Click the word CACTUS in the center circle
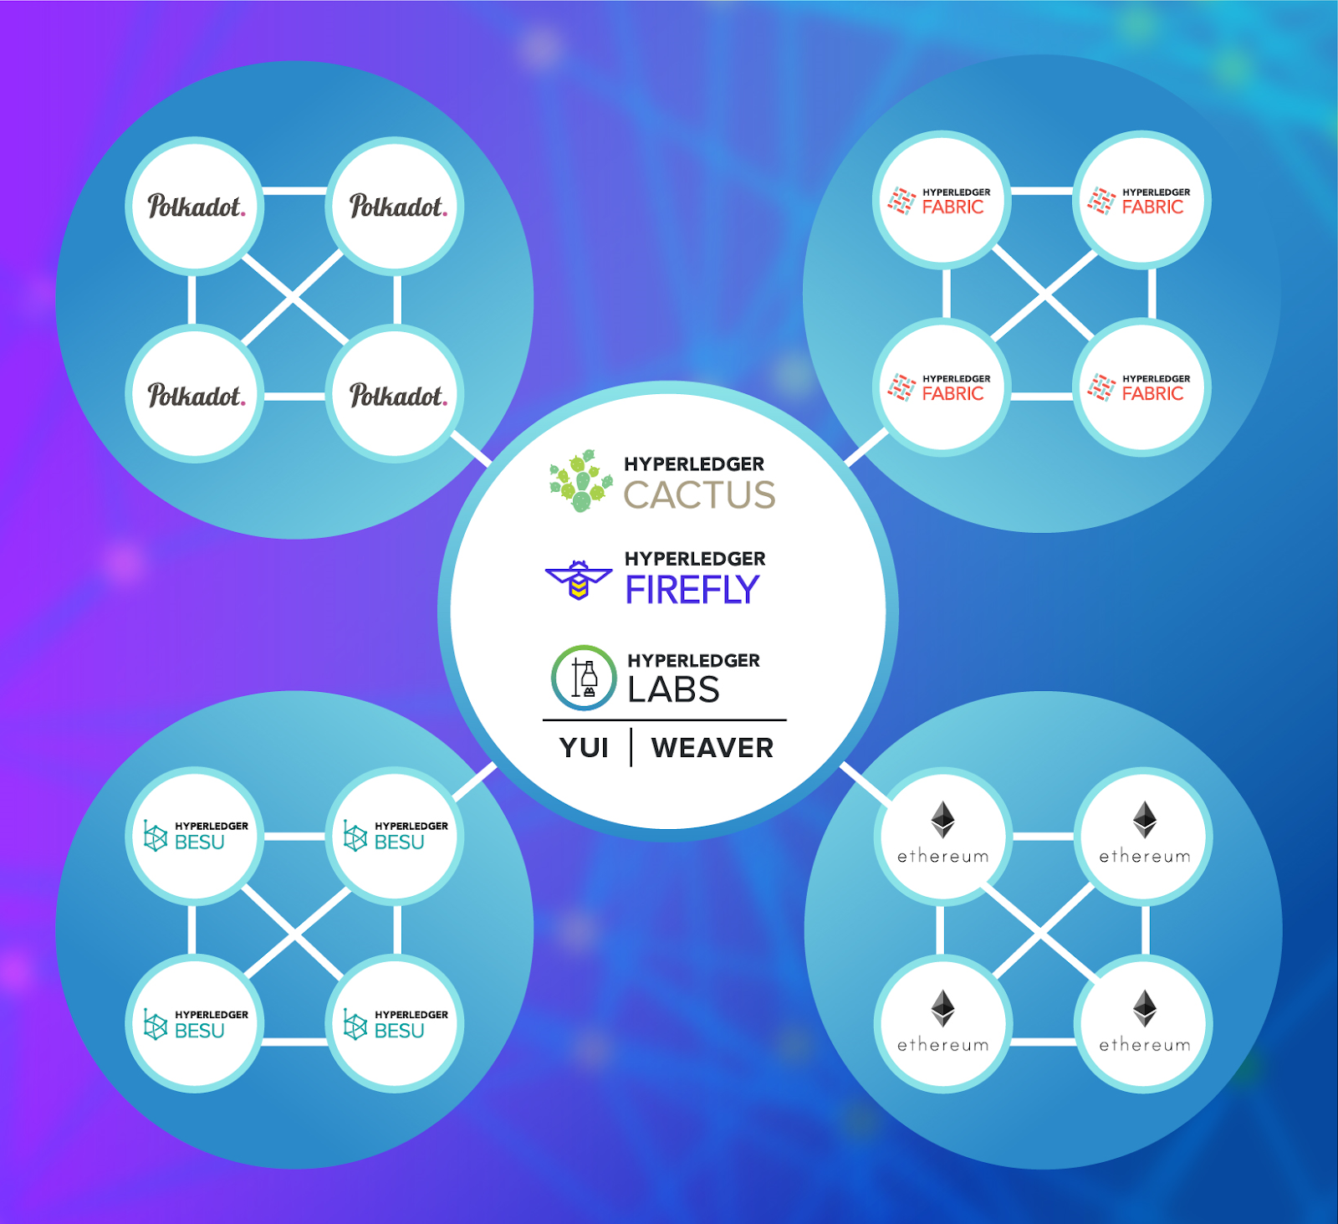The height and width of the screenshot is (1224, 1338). click(699, 494)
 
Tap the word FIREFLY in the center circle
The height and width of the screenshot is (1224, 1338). click(692, 590)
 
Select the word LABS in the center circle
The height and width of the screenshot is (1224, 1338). click(673, 689)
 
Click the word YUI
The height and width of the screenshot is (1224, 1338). click(584, 747)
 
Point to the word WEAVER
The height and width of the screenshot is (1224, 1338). click(712, 747)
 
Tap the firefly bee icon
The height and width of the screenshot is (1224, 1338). click(578, 580)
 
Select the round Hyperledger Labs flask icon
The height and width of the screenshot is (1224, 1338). click(584, 678)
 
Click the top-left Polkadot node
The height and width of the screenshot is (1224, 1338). click(195, 206)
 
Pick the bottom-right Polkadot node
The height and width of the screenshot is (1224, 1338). click(396, 394)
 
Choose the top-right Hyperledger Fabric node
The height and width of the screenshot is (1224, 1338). click(1141, 201)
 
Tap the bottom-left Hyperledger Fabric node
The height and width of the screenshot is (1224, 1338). click(942, 387)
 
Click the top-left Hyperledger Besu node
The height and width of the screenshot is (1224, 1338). click(195, 836)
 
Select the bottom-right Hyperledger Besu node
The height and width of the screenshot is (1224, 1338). click(396, 1024)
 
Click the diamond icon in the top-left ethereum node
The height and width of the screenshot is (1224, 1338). click(942, 819)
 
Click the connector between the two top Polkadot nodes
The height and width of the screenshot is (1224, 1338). click(294, 191)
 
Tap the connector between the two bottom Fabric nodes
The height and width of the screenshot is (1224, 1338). click(1041, 395)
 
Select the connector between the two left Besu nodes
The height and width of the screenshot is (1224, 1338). click(192, 930)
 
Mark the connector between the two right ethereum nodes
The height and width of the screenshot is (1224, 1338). click(1145, 930)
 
